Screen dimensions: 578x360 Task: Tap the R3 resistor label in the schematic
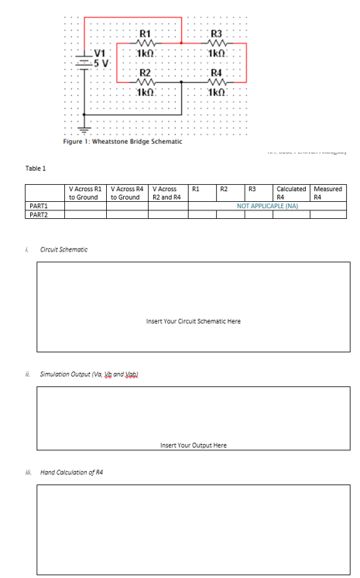click(x=217, y=32)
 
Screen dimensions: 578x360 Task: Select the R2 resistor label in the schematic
click(x=146, y=72)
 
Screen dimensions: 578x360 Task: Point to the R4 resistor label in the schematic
click(x=217, y=72)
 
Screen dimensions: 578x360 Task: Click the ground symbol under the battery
click(x=85, y=128)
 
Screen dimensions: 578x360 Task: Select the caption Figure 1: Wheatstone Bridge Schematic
click(x=122, y=142)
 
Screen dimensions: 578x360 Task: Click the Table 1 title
click(x=36, y=168)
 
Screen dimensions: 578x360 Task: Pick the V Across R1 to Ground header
click(x=85, y=193)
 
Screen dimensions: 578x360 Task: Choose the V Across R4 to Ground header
click(x=128, y=193)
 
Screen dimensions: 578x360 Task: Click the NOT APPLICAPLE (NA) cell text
click(x=267, y=207)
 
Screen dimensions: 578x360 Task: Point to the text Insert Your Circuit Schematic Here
click(x=193, y=320)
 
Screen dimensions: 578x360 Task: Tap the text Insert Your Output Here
click(x=193, y=446)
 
